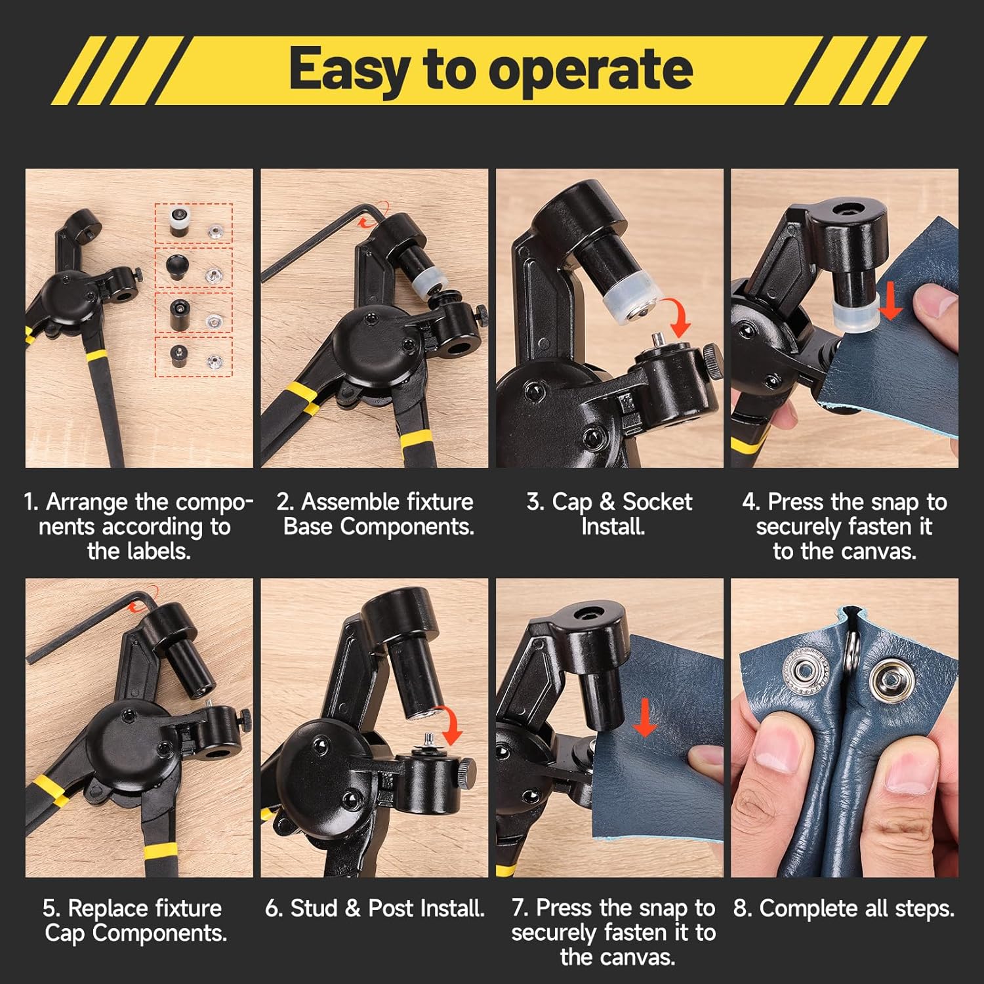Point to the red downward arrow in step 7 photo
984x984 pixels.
pyautogui.click(x=645, y=717)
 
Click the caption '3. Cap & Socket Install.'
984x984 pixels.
pyautogui.click(x=609, y=514)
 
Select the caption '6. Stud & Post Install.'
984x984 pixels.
pyautogui.click(x=375, y=908)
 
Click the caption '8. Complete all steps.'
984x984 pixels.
pyautogui.click(x=844, y=908)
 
